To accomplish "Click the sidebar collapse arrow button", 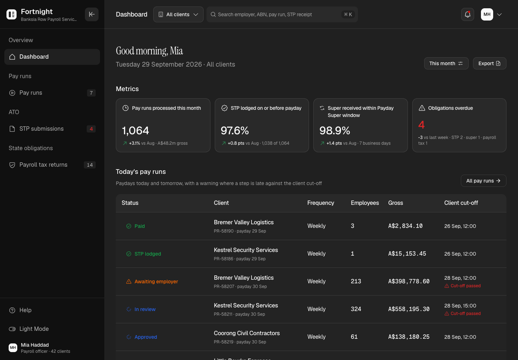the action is (x=92, y=14).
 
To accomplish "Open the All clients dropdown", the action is (x=178, y=14).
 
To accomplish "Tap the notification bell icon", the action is (x=468, y=14).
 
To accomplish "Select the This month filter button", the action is (x=446, y=63).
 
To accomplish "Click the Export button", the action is (x=490, y=63).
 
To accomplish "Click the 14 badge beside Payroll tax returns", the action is (x=90, y=165).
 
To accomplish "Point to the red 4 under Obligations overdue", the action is (x=421, y=125).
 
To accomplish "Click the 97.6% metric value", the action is (x=235, y=130).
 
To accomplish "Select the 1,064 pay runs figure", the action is (x=136, y=130).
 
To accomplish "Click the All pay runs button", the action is (x=483, y=181).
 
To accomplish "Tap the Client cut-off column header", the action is (x=461, y=203).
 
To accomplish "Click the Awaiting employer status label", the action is (x=156, y=282).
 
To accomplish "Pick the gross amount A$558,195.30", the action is (x=409, y=309).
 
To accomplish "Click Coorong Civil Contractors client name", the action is (x=247, y=333).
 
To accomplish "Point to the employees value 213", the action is (x=356, y=281).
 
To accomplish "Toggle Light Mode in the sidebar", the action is (x=29, y=329).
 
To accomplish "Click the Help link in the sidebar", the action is (x=20, y=310).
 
